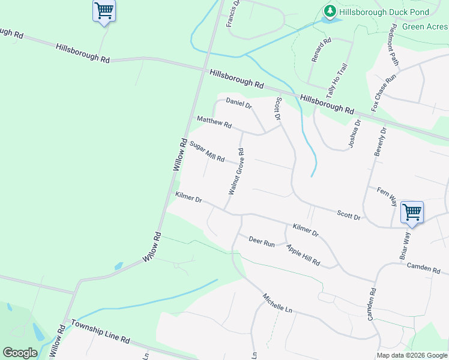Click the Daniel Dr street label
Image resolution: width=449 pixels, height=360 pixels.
point(238,103)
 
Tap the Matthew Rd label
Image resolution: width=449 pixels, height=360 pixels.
point(214,122)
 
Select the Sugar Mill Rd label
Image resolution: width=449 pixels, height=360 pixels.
point(206,152)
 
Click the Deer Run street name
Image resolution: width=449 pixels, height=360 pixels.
point(261,242)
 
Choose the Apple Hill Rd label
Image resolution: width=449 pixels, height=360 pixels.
point(303,256)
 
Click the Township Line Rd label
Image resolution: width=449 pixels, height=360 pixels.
point(100,331)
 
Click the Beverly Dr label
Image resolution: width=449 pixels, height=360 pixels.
point(380,142)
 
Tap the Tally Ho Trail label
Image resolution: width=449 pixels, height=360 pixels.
point(336,82)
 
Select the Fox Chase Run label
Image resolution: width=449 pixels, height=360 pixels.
point(384,92)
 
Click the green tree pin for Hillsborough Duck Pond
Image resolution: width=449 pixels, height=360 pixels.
point(330,11)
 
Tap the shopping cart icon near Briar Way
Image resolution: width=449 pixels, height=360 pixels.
point(412,212)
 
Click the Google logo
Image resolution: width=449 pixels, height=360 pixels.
point(20,353)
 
